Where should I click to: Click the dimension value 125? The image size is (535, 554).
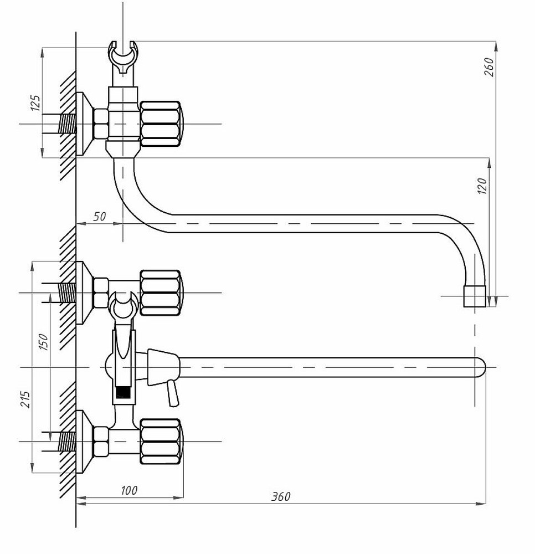(x=35, y=103)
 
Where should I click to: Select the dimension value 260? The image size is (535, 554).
(x=489, y=67)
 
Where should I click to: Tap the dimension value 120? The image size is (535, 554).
(x=482, y=186)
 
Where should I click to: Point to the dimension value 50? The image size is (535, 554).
(x=99, y=216)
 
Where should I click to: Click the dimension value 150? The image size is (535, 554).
(x=43, y=342)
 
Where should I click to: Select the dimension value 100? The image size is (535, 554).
(x=129, y=490)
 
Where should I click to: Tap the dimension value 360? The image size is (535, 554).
(x=281, y=496)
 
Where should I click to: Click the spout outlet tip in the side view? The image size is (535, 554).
(x=475, y=296)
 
